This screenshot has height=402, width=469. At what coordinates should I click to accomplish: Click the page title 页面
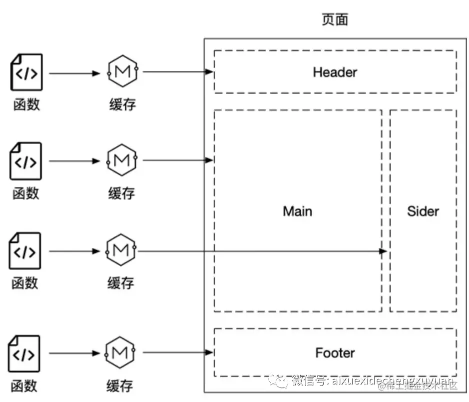335,19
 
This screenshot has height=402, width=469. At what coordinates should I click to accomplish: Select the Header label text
335,72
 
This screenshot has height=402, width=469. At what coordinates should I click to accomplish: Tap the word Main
298,211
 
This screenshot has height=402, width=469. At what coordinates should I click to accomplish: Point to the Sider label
423,211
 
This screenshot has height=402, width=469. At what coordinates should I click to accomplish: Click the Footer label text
335,353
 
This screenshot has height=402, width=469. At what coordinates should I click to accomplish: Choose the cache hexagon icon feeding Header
122,72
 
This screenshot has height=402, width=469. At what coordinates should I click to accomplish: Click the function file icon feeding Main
27,161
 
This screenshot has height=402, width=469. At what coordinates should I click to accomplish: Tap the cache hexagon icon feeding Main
122,160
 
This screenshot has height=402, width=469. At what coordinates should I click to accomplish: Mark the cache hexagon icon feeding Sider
121,250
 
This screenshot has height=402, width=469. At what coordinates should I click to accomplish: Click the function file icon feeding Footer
25,354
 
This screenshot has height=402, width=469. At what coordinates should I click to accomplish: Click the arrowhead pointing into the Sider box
384,251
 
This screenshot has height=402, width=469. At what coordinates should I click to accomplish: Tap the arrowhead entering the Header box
210,72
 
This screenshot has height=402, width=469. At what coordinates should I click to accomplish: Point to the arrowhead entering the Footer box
210,353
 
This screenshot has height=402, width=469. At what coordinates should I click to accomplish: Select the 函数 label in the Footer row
24,385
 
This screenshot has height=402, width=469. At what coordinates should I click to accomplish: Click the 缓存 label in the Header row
122,104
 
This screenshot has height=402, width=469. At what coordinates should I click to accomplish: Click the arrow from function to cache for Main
75,161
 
